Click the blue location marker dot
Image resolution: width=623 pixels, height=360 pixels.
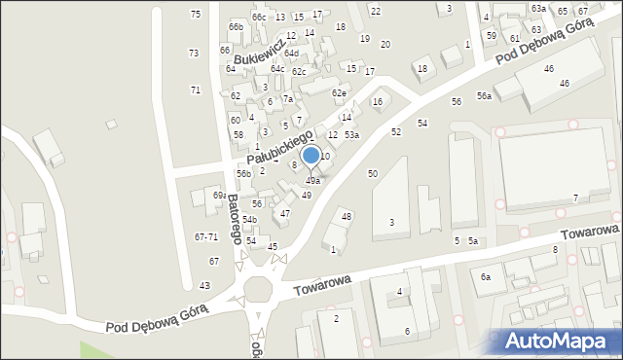pos(311,155)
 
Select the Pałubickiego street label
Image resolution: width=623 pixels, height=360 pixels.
pos(279,145)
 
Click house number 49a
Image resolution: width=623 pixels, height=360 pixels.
pos(313,181)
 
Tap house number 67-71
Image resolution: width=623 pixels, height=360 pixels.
pos(205,236)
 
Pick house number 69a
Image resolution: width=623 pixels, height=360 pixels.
pos(220,196)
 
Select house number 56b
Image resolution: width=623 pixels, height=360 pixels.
pos(243,174)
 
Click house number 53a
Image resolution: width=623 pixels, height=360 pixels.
pos(351,135)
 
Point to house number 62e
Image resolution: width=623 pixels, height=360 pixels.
pos(339,93)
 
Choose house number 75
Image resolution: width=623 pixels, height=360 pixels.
pos(196,14)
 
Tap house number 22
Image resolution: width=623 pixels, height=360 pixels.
pos(375,11)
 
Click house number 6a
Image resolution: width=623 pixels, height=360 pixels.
pos(485,277)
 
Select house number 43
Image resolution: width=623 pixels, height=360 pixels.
pos(204,285)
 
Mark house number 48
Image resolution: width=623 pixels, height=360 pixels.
pos(347,216)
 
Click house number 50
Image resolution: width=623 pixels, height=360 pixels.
pos(372,173)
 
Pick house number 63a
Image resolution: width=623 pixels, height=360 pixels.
pos(538,8)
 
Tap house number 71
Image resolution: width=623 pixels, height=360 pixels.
pos(196,90)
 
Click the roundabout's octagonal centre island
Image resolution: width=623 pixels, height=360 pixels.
pos(260,289)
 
